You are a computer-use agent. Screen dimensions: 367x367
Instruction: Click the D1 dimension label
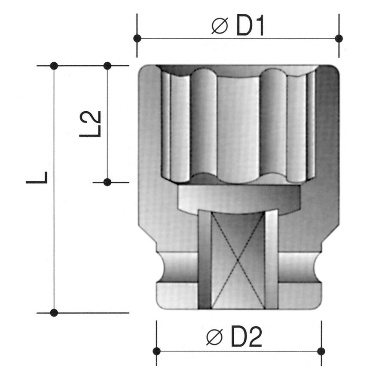[251, 26]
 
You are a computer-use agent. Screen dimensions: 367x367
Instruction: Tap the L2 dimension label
[92, 124]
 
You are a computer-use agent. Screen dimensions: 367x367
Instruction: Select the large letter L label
[38, 177]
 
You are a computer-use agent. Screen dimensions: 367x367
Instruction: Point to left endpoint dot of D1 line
[137, 38]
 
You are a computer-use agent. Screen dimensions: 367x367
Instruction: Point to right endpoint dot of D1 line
[339, 38]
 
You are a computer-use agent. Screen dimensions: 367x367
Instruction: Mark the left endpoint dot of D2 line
[157, 351]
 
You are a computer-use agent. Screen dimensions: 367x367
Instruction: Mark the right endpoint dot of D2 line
[321, 351]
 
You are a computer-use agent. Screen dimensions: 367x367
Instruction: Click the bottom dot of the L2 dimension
[107, 182]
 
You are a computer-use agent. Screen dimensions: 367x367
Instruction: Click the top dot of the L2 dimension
[107, 66]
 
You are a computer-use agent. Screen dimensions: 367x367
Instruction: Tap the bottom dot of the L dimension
[54, 313]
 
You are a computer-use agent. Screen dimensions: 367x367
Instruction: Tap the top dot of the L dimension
[54, 66]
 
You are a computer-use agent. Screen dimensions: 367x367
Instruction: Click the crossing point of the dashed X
[238, 260]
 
